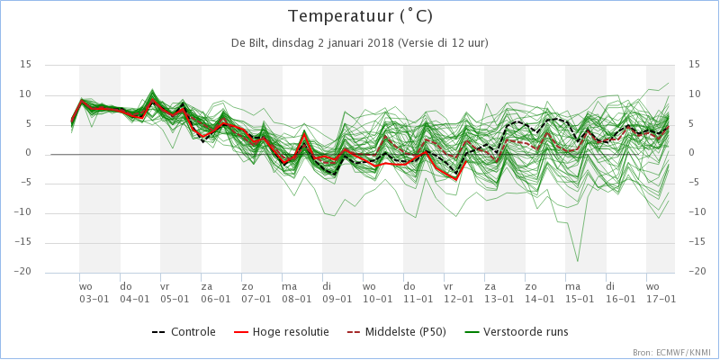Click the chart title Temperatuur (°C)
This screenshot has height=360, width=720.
click(x=360, y=16)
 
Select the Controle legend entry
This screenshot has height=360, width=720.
click(x=184, y=331)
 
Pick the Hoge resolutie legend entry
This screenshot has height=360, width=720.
click(x=281, y=331)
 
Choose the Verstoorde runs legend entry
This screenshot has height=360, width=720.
click(x=516, y=331)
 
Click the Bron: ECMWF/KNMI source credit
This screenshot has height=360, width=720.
click(x=674, y=353)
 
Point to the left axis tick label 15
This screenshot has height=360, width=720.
click(x=25, y=65)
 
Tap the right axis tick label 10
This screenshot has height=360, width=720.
click(x=694, y=94)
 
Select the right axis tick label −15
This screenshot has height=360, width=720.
click(x=697, y=242)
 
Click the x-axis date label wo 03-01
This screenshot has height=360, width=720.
click(x=94, y=293)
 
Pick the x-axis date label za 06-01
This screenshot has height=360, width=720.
click(x=215, y=293)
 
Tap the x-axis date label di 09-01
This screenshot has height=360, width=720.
click(x=337, y=293)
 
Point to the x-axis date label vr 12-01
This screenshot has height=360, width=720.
click(x=459, y=293)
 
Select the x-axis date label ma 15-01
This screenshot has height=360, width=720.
click(x=580, y=293)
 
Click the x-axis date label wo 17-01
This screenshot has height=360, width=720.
click(x=661, y=293)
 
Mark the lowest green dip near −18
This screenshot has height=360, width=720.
click(x=577, y=261)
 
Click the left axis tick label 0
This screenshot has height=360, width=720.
click(x=29, y=153)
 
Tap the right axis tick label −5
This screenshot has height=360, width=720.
click(x=695, y=183)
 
